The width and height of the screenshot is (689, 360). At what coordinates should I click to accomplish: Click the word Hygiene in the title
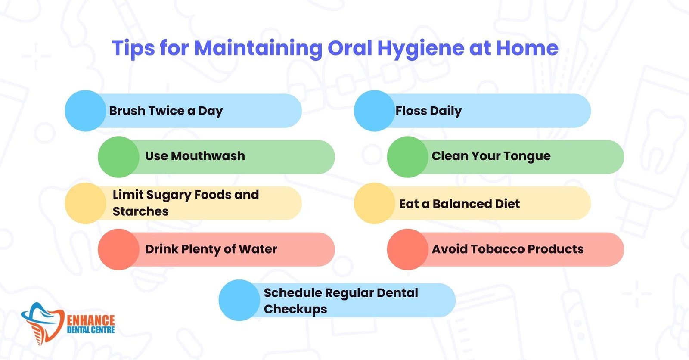(420, 49)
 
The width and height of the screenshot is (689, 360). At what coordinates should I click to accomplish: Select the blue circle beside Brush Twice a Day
(85, 111)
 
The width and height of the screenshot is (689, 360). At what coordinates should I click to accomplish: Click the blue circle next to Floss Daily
(374, 111)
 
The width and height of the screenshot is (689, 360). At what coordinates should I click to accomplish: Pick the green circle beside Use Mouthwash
(118, 157)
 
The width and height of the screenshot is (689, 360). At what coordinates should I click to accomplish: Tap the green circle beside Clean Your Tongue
(407, 157)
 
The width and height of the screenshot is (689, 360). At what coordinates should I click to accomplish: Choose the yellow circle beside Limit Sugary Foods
(85, 203)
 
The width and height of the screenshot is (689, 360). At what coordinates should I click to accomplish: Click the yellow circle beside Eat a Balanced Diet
(374, 203)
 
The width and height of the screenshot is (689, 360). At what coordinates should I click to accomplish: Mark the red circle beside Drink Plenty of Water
(118, 249)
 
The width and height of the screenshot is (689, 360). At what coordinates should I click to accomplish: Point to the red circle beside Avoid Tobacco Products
(407, 249)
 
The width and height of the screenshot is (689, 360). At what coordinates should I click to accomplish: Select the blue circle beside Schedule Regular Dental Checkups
(239, 300)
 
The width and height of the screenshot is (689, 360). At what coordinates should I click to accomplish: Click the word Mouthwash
(208, 156)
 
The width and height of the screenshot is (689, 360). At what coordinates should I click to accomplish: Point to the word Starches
(140, 211)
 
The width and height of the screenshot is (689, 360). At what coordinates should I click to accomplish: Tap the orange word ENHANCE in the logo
(91, 320)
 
